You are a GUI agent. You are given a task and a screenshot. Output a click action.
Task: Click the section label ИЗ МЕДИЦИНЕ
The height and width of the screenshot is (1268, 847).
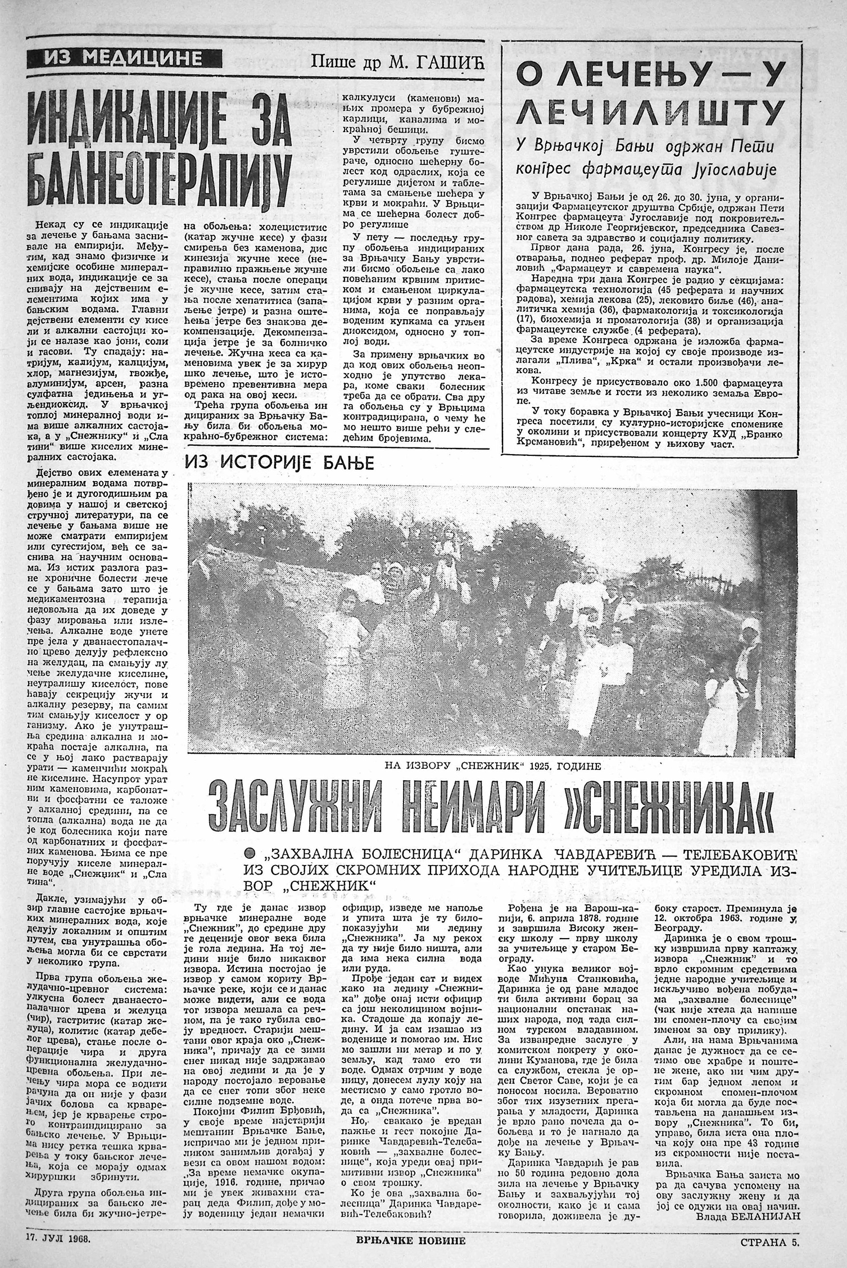(125, 57)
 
